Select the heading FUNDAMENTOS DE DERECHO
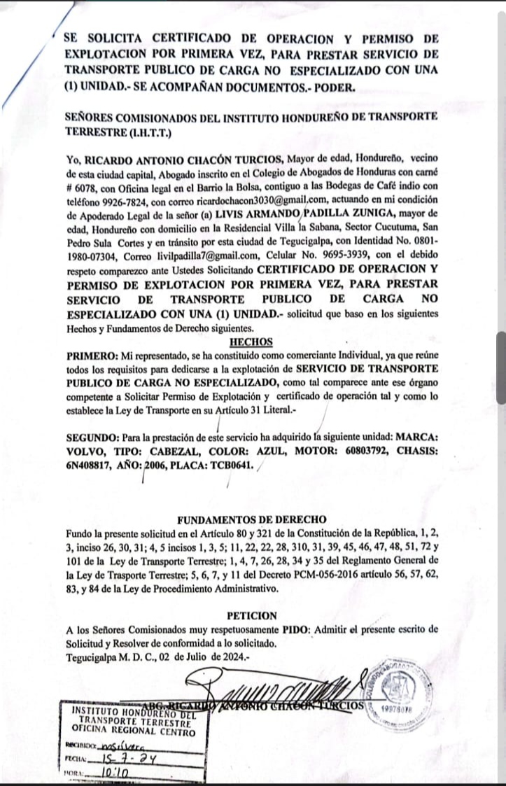[x=252, y=519]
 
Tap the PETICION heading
[x=252, y=616]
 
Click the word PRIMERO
[x=90, y=356]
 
